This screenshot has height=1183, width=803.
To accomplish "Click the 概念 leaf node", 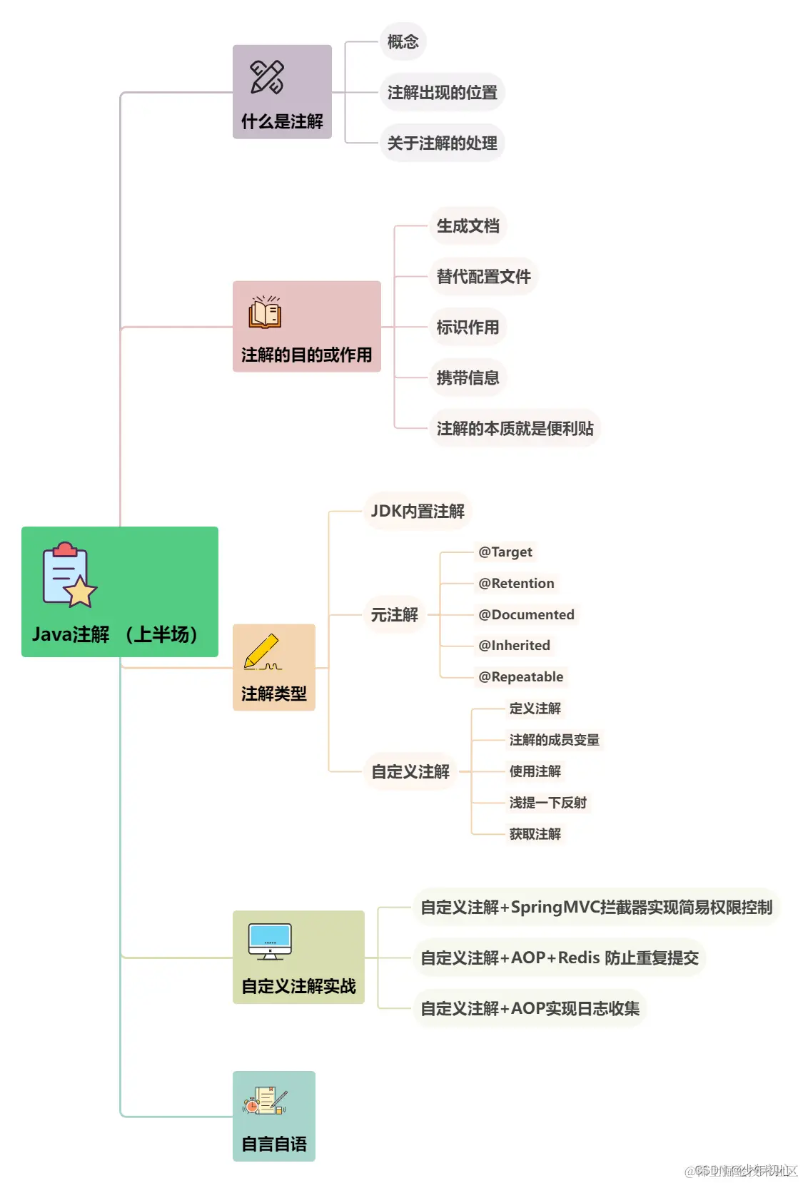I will pyautogui.click(x=403, y=42).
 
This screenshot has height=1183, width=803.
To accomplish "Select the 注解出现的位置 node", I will pyautogui.click(x=442, y=93).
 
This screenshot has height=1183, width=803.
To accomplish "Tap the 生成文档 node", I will pyautogui.click(x=468, y=226).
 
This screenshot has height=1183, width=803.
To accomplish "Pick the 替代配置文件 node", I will pyautogui.click(x=483, y=277).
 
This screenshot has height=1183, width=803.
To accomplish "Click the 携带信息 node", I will pyautogui.click(x=468, y=378).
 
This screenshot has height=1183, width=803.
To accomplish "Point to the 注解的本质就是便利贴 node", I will pyautogui.click(x=515, y=429).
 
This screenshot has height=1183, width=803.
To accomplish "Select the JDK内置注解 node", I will pyautogui.click(x=418, y=512).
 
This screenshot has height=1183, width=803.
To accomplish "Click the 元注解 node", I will pyautogui.click(x=394, y=615).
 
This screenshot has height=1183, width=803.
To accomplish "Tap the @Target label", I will pyautogui.click(x=505, y=552).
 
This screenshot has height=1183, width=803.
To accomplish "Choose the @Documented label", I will pyautogui.click(x=526, y=615).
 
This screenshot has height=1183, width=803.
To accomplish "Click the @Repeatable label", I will pyautogui.click(x=520, y=677).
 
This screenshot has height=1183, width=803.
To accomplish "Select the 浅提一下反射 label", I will pyautogui.click(x=547, y=803).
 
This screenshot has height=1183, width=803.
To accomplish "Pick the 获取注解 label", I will pyautogui.click(x=535, y=834).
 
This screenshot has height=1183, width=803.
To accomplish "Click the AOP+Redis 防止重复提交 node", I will pyautogui.click(x=559, y=958).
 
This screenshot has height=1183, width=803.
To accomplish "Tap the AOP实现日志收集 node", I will pyautogui.click(x=530, y=1009).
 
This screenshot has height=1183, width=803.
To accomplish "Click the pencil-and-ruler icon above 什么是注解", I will pyautogui.click(x=267, y=77).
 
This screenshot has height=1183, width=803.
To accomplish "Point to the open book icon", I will pyautogui.click(x=265, y=313).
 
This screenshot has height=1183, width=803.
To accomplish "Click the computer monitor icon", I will pyautogui.click(x=270, y=941).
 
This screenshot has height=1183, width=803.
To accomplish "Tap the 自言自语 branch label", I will pyautogui.click(x=274, y=1144).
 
